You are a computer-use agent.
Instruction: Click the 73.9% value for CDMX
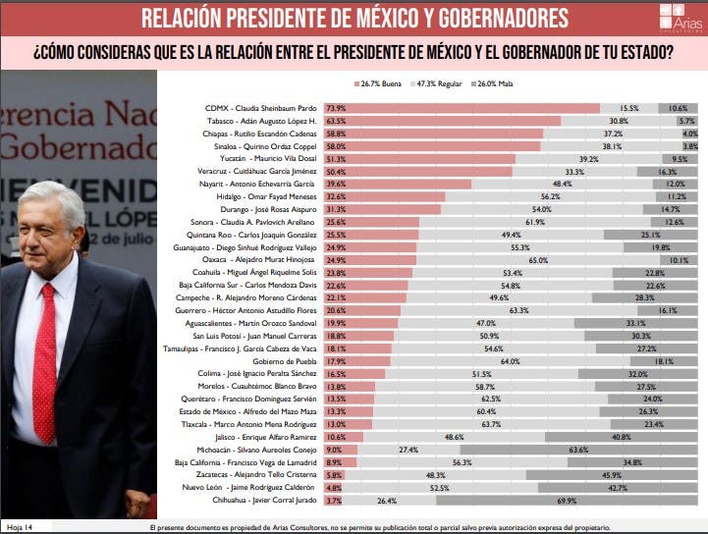(336, 108)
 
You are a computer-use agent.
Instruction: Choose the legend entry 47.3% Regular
(438, 86)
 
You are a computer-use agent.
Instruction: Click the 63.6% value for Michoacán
(578, 449)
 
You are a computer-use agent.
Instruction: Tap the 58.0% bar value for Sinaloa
(336, 146)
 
